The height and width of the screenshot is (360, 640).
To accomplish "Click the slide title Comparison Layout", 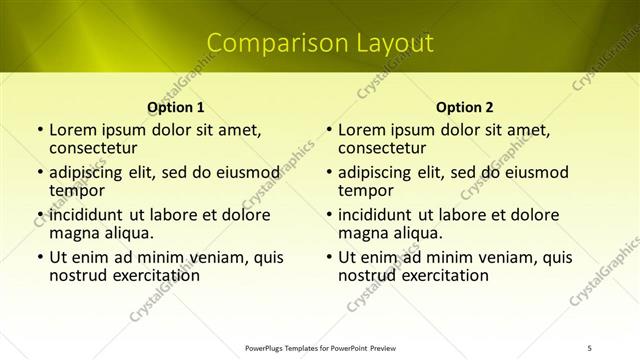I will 320,43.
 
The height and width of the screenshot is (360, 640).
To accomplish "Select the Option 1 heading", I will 176,107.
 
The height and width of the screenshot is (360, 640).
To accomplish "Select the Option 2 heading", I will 465,107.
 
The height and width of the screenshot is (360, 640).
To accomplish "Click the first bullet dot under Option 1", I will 39,130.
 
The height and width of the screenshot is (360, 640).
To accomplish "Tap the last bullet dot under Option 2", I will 328,258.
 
